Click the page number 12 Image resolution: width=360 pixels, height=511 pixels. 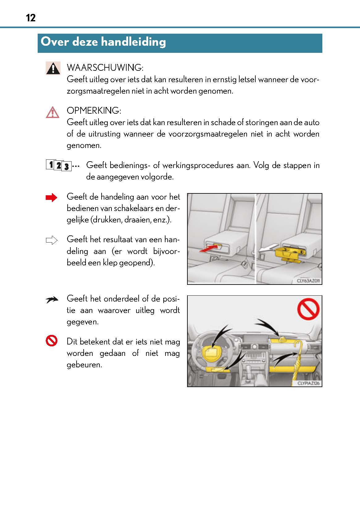[31, 18]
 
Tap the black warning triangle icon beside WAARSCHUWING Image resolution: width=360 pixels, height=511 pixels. [53, 68]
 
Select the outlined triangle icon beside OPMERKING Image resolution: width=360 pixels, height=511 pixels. [52, 112]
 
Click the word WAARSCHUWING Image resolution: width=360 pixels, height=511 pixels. [105, 68]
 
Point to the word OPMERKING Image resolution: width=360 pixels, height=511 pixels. [94, 111]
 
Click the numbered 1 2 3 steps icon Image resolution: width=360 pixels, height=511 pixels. [59, 166]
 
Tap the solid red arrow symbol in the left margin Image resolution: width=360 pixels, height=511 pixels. [51, 198]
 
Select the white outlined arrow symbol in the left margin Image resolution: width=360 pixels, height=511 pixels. [52, 240]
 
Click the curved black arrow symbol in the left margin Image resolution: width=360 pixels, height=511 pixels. [52, 299]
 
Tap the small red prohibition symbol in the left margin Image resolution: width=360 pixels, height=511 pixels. [52, 341]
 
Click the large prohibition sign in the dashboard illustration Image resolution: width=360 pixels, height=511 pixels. [308, 310]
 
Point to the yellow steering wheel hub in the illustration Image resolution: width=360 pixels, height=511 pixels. [210, 353]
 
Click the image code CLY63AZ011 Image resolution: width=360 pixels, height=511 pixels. [308, 281]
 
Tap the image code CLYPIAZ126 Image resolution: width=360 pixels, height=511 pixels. [308, 383]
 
